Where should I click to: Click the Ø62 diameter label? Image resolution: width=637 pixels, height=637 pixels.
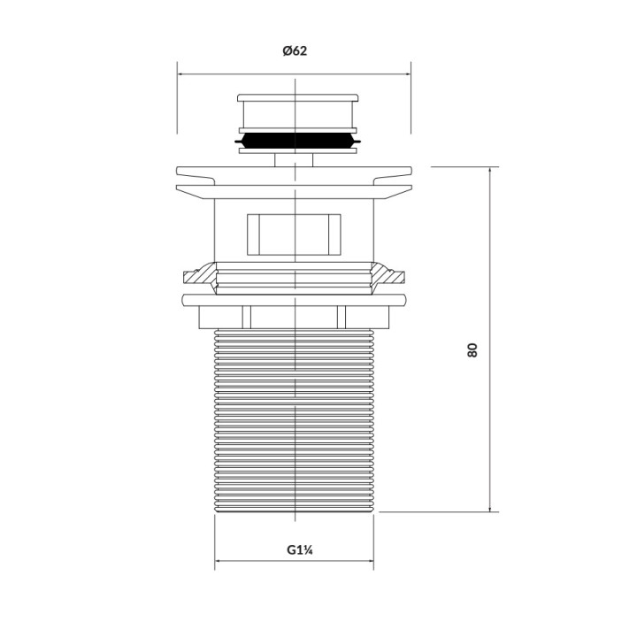click(295, 51)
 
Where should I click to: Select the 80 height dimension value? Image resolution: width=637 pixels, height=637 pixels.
click(472, 349)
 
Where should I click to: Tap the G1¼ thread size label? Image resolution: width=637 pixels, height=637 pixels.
click(295, 549)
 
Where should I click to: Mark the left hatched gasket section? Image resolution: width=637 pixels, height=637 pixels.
click(200, 276)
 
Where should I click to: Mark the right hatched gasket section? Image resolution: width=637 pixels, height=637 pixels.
click(388, 276)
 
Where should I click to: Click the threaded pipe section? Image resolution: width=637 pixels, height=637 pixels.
click(295, 420)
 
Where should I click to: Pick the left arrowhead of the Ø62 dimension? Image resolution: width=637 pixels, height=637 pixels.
click(180, 74)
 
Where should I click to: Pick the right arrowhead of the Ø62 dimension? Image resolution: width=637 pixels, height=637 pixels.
click(409, 74)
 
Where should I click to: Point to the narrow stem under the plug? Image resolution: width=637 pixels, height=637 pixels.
click(295, 159)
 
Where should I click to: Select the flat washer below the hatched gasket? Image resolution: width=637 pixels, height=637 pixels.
click(295, 299)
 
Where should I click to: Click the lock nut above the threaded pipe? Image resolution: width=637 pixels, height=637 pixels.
click(295, 316)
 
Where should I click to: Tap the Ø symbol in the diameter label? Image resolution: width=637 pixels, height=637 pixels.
click(288, 51)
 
